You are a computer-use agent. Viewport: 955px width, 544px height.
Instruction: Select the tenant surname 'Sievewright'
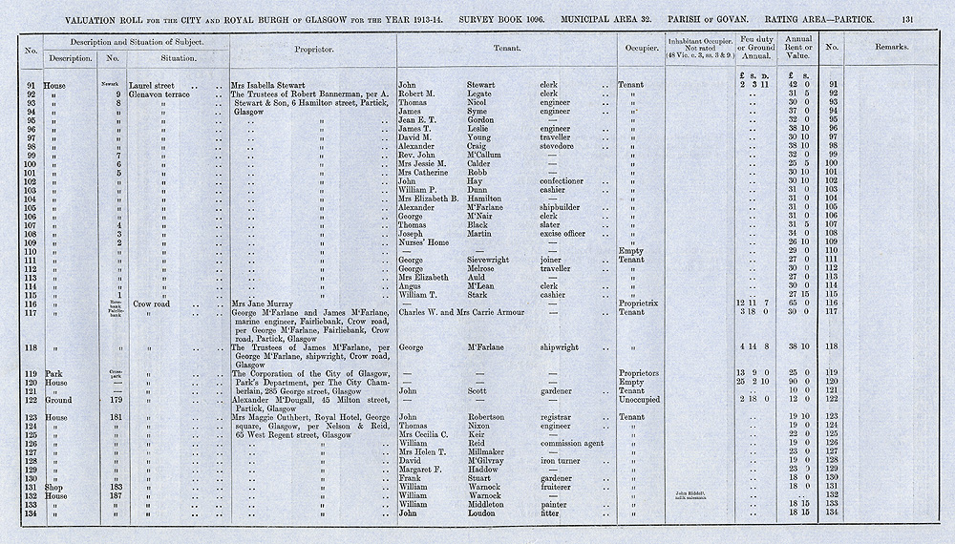(x=494, y=259)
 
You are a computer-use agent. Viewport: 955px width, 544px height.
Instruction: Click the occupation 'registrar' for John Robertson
(x=562, y=416)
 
